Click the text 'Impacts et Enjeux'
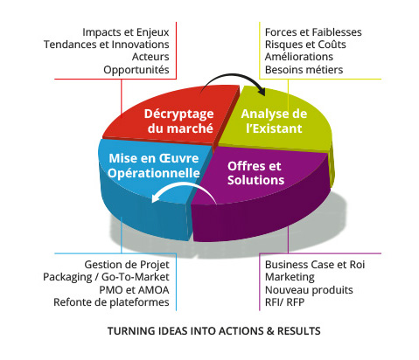tap(126, 32)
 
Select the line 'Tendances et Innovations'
tap(107, 45)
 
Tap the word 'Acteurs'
tap(150, 57)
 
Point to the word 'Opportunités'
tap(136, 70)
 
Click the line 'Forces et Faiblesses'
tap(313, 32)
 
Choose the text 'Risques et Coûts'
tap(305, 45)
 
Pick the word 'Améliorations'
tap(299, 57)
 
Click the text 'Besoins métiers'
tap(304, 70)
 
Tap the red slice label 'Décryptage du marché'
tap(179, 121)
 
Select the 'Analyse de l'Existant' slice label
tap(274, 121)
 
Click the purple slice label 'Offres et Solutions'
tap(255, 173)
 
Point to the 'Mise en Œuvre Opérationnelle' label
tap(154, 166)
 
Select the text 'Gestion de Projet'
tap(127, 265)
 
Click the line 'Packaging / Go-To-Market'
tap(106, 277)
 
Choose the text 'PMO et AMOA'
tap(134, 290)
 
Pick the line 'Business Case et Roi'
tap(315, 265)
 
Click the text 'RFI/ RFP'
tap(284, 302)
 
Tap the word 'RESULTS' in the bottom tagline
tap(299, 331)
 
